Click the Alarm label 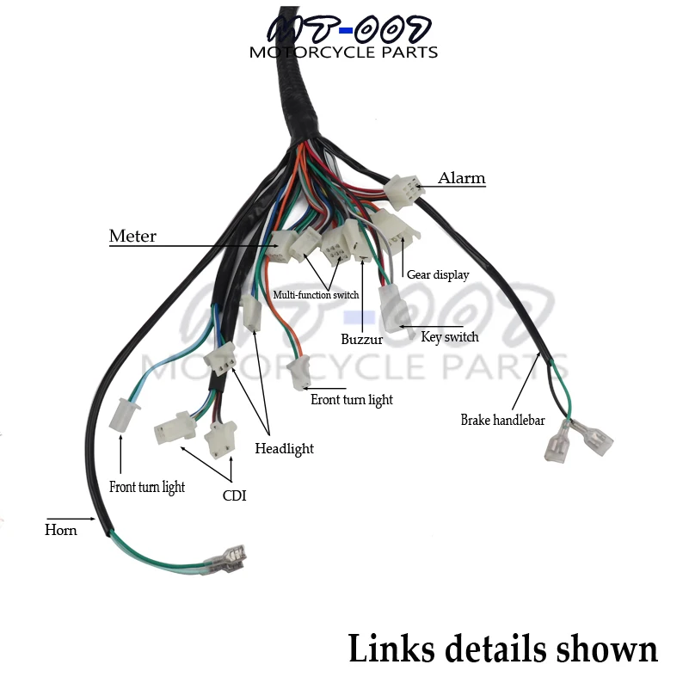[461, 178]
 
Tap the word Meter [132, 236]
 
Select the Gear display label [438, 275]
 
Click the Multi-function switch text [316, 294]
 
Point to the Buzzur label [361, 339]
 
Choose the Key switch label [450, 337]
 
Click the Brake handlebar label [502, 420]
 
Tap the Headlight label [285, 449]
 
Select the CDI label [234, 495]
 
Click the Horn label [60, 530]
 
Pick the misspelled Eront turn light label [352, 400]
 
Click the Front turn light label [147, 488]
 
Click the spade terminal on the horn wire [225, 560]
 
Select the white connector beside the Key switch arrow [394, 309]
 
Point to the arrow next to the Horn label [71, 519]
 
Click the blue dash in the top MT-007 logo [347, 30]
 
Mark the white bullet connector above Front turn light [123, 414]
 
